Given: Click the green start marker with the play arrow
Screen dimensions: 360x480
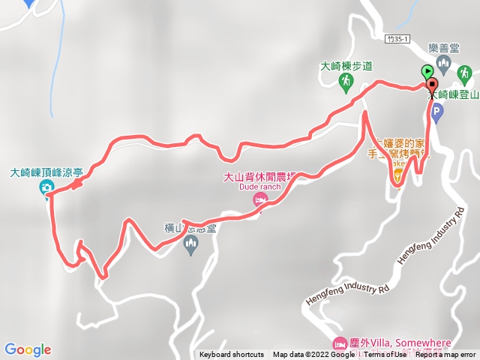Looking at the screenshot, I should click(x=427, y=72).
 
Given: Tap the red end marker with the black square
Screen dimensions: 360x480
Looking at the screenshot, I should click(x=432, y=84).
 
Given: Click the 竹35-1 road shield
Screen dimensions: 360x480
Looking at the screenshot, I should click(x=400, y=38).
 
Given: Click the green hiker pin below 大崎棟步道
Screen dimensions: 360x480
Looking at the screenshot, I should click(x=346, y=80).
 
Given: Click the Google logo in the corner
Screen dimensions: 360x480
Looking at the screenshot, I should click(x=28, y=349).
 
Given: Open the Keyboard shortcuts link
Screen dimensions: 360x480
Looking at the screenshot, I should click(x=232, y=355).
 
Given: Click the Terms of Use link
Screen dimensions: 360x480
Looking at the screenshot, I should click(x=385, y=355).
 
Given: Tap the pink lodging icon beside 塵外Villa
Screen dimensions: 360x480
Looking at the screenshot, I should click(x=341, y=342).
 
